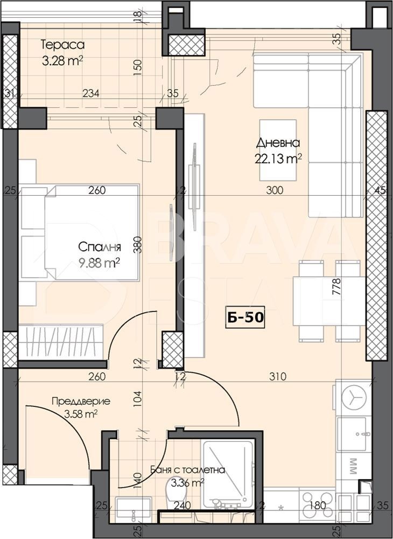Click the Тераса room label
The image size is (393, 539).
click(62, 45)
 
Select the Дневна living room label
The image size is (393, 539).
click(278, 143)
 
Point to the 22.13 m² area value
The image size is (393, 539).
click(278, 158)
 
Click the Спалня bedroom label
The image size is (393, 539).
click(100, 247)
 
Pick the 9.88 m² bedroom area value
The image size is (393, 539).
click(100, 262)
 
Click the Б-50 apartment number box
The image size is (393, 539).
click(244, 317)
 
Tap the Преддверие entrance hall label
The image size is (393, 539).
click(81, 401)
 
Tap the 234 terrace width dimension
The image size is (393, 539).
click(90, 93)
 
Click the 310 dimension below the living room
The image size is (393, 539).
click(278, 377)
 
